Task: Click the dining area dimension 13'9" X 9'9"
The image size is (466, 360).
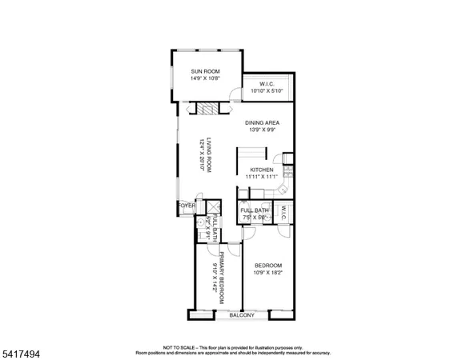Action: pos(262,130)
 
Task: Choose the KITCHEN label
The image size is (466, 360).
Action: pos(262,170)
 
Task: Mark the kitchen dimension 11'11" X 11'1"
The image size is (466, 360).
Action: pos(263,177)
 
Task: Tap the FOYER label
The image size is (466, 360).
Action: pos(186,205)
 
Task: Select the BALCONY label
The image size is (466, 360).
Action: pos(242,315)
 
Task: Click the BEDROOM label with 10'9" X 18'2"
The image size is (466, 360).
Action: pos(268,265)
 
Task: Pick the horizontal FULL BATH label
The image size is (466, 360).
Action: pos(254,209)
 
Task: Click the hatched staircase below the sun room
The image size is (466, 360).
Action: pos(208,110)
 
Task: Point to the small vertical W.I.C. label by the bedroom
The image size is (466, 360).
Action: pos(283,213)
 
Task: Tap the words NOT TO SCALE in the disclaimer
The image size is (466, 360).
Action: pos(178,348)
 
